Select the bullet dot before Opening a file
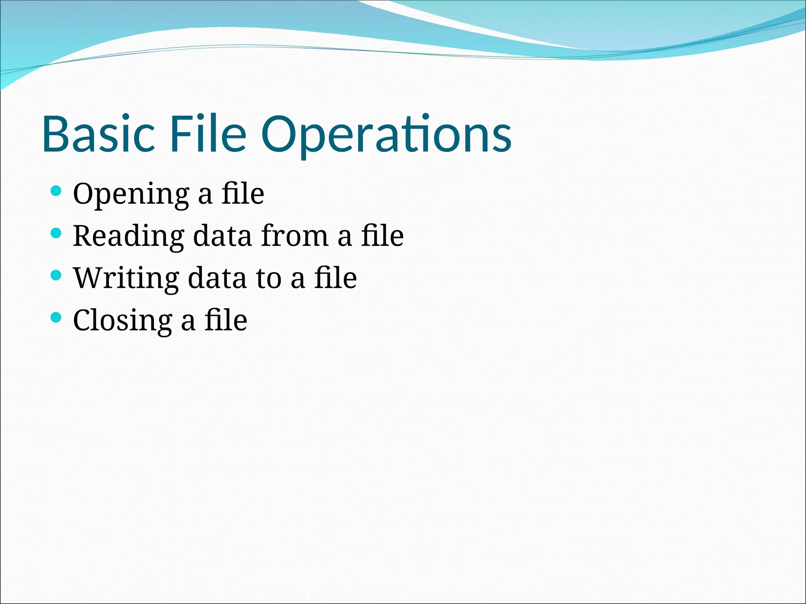[x=56, y=192]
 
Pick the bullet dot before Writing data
[x=56, y=275]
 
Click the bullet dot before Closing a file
[x=56, y=317]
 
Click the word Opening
[x=131, y=195]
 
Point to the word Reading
[x=128, y=237]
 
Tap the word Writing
[x=126, y=278]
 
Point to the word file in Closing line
[x=226, y=320]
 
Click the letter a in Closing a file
[x=188, y=322]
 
